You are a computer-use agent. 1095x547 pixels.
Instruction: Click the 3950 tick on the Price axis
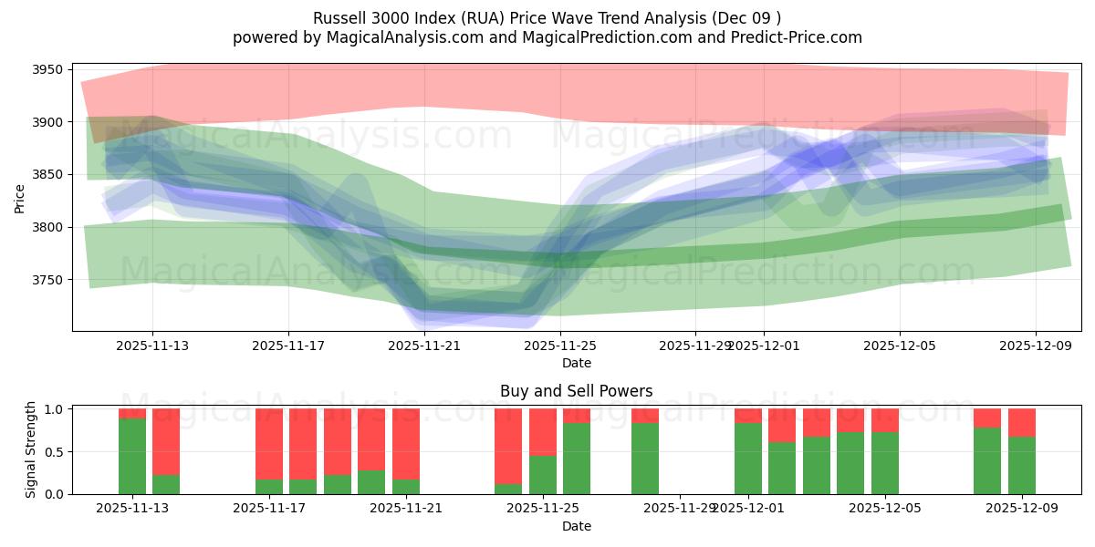click(x=47, y=70)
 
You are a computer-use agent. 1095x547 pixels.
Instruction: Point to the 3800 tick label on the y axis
click(x=47, y=227)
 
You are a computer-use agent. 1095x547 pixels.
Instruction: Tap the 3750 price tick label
click(x=47, y=280)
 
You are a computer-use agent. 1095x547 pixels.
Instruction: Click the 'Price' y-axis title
click(x=20, y=197)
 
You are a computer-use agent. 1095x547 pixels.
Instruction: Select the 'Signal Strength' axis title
click(x=31, y=449)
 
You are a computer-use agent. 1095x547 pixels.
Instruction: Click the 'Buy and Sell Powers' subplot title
click(x=576, y=391)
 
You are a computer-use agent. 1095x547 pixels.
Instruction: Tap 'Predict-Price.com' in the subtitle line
click(x=800, y=37)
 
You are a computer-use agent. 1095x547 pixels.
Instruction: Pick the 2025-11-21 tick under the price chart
click(x=424, y=346)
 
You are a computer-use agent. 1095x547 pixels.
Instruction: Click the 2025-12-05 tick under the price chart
click(x=900, y=346)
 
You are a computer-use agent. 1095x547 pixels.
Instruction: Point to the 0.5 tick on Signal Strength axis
click(x=54, y=451)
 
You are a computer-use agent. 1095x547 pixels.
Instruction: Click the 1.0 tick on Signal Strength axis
click(x=54, y=409)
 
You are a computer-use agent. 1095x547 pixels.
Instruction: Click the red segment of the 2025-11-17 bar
click(x=269, y=443)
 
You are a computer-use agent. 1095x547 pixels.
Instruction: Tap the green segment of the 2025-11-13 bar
click(x=132, y=456)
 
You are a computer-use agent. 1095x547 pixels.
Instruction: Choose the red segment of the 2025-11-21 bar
click(x=406, y=443)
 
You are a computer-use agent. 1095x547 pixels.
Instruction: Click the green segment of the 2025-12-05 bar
click(x=885, y=462)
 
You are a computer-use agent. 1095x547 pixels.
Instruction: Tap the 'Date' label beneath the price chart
click(x=576, y=363)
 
